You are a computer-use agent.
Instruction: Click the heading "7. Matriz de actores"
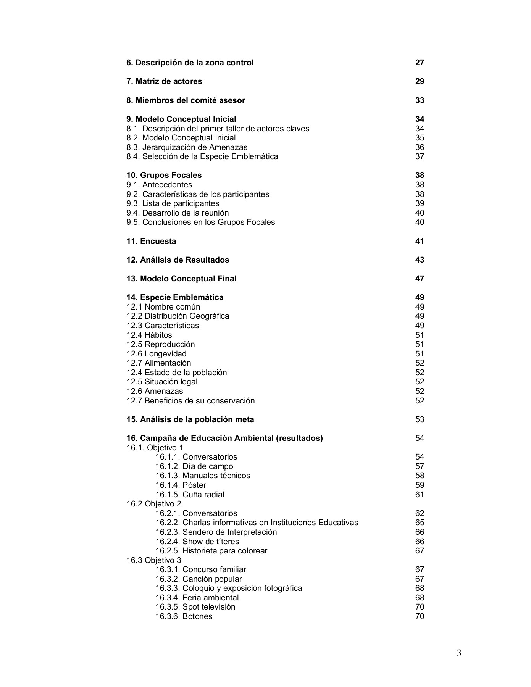pos(164,81)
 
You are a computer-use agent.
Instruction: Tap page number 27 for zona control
pos(420,63)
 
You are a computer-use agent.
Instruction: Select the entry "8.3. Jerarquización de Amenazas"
pos(187,147)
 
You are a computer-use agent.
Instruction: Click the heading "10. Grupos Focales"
pos(164,175)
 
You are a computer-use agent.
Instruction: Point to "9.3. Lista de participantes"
pos(173,203)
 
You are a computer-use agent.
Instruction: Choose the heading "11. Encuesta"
pos(151,241)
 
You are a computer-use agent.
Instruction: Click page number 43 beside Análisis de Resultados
pos(420,260)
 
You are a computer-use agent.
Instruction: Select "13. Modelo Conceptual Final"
pos(181,279)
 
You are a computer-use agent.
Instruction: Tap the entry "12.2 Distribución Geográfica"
pos(178,316)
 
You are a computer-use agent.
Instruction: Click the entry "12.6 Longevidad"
pos(157,354)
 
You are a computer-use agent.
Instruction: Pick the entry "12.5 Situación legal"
pos(162,382)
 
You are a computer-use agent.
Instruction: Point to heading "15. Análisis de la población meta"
pos(190,419)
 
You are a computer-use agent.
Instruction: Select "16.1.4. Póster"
pos(181,485)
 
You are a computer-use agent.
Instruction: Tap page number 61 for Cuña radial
pos(420,495)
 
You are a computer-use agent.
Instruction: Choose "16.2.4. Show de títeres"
pos(197,542)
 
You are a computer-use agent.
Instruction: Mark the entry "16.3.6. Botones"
pos(184,616)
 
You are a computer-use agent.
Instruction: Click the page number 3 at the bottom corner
pos(459,653)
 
